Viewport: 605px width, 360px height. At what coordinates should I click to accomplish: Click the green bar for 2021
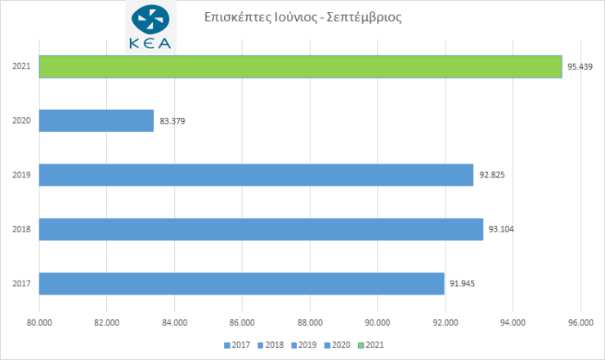point(300,66)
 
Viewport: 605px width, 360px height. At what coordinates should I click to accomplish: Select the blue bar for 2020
point(96,120)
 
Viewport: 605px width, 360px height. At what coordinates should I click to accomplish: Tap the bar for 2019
point(256,175)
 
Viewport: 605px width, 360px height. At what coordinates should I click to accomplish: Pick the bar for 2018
point(261,229)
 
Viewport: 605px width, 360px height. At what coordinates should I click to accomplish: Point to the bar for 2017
point(241,284)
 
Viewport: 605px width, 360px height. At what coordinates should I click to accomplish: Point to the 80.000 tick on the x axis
point(39,322)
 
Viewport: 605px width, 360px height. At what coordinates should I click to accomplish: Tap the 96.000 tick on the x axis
point(580,322)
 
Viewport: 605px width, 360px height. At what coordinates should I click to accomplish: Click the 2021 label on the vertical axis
point(22,66)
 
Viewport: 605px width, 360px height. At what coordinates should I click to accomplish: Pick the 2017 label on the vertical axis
point(22,284)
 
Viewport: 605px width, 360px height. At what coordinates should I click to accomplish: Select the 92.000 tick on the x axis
point(445,322)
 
